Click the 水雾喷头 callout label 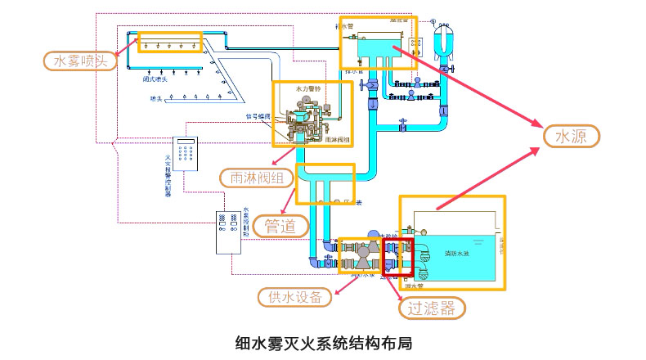[79, 61]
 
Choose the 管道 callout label [280, 225]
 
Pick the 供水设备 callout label [294, 295]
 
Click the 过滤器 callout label [432, 308]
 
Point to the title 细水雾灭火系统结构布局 [323, 342]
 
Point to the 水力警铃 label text [308, 87]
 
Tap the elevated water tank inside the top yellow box [372, 46]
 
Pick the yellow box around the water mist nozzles [169, 43]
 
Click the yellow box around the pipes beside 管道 [325, 184]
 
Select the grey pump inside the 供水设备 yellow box [361, 258]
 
